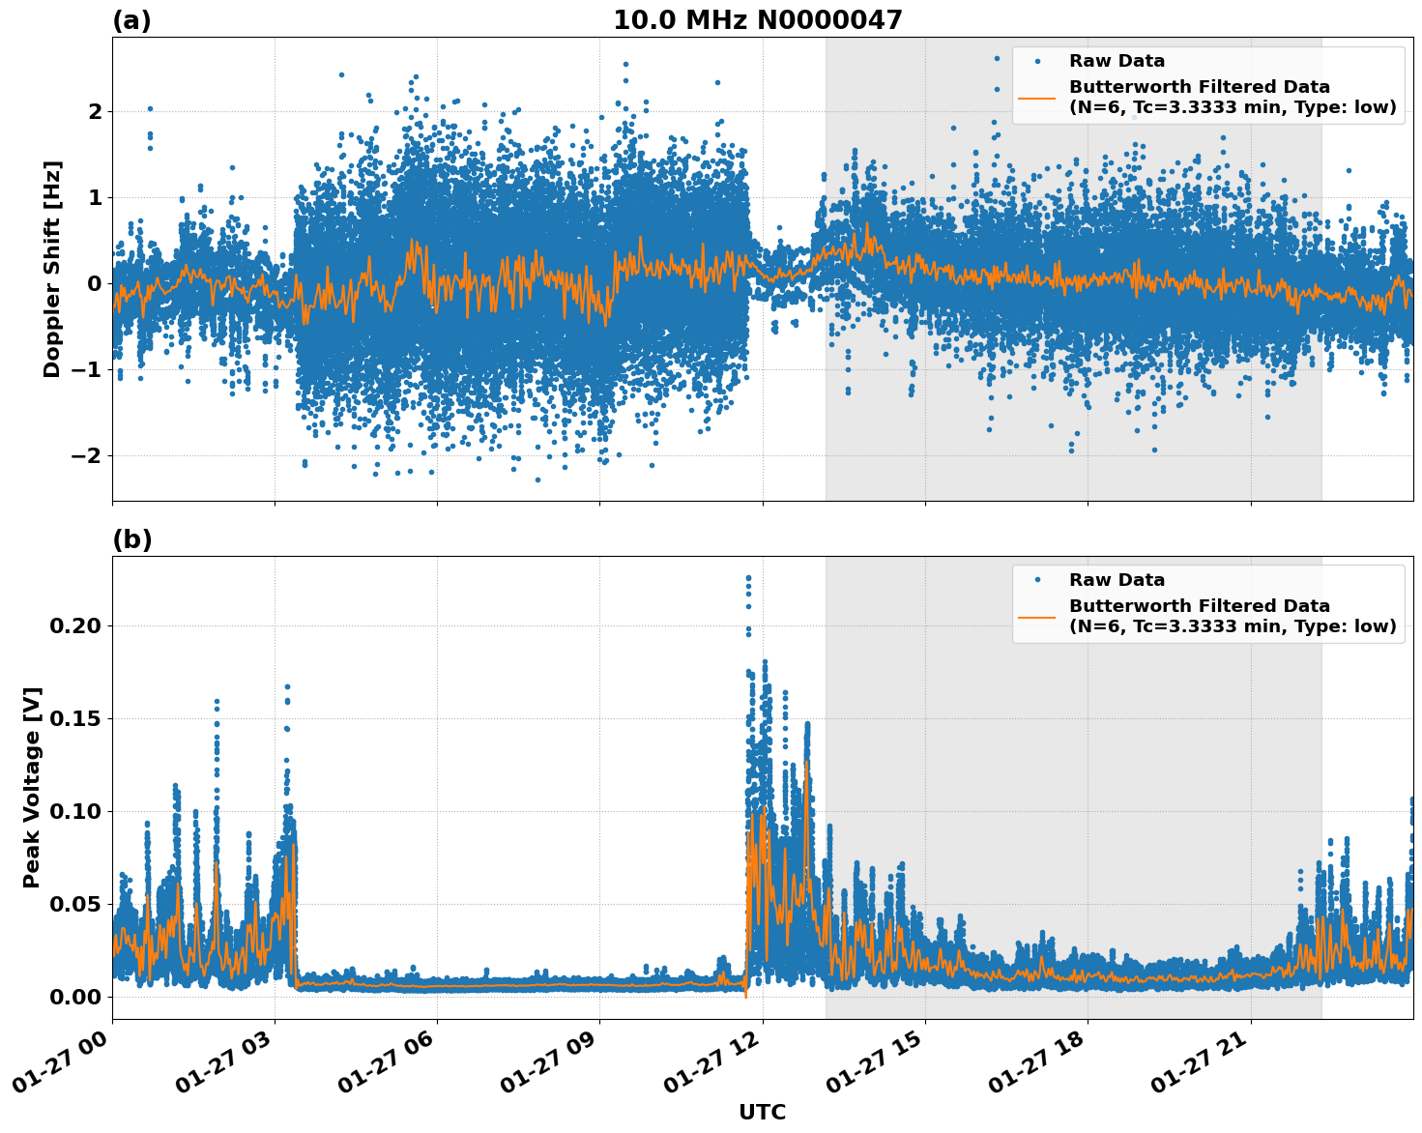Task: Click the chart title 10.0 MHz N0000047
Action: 757,20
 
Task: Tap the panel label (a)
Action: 131,20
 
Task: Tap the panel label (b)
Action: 131,539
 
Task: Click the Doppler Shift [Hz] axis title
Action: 52,269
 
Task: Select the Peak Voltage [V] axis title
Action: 32,787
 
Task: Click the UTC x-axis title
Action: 762,1112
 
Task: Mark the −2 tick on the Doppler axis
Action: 88,455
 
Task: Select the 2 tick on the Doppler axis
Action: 95,112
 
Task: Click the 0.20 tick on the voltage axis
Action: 75,625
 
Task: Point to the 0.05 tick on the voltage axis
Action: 75,904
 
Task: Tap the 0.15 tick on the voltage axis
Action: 75,718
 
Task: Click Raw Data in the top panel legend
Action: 1117,61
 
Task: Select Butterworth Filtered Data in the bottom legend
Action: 1199,606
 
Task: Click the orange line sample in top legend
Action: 1037,97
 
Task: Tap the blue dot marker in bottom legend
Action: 1037,580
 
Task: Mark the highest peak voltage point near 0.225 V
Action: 748,578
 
